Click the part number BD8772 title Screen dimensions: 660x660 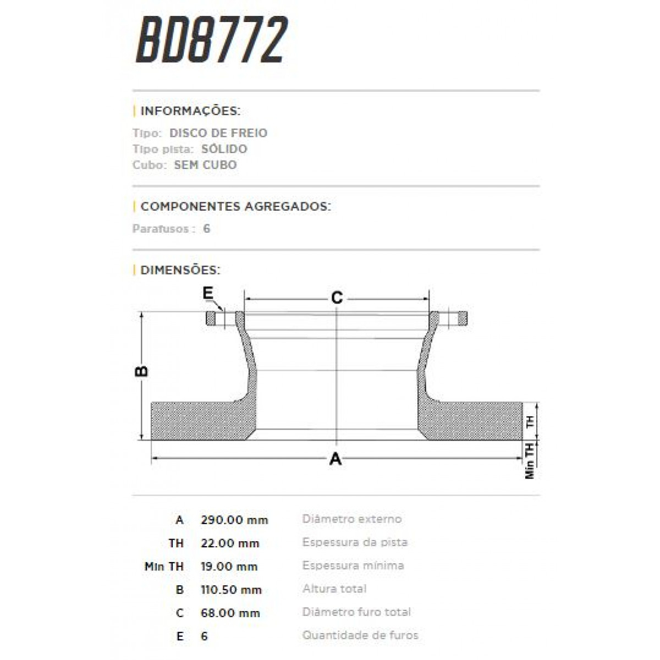coord(211,40)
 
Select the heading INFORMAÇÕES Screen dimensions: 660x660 coord(190,111)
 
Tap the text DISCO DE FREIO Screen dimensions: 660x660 coord(218,133)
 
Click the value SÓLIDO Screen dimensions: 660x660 coord(224,149)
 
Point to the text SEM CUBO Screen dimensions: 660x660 coord(205,165)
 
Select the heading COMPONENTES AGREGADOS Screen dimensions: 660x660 coord(235,207)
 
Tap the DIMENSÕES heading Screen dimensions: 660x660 coord(180,270)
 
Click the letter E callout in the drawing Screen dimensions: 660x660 coord(208,294)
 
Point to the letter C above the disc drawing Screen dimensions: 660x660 coord(337,298)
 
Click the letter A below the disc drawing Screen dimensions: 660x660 coord(335,458)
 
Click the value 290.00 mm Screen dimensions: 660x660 coord(234,520)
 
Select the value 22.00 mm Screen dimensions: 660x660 coord(230,543)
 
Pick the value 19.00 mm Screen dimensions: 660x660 coord(229,566)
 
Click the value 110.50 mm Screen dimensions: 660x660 coord(231,590)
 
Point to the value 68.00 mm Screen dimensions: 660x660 coord(230,613)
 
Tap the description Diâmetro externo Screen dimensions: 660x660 coord(352,519)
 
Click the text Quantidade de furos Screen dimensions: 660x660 coord(360,635)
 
